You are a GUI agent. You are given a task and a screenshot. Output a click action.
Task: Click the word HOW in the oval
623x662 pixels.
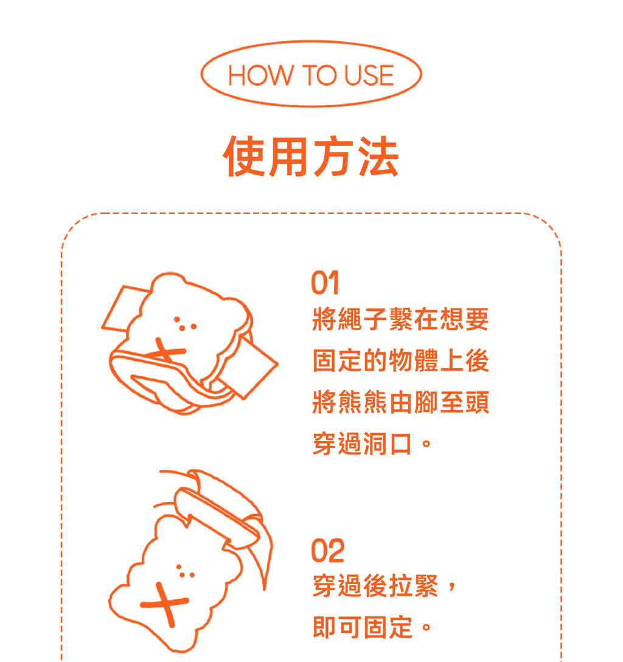coord(260,75)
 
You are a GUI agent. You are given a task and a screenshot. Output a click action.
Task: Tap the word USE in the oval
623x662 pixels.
coord(369,75)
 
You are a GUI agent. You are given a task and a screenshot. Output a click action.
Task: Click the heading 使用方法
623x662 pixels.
coord(311,156)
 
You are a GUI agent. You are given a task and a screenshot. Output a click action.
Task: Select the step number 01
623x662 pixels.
coord(325,282)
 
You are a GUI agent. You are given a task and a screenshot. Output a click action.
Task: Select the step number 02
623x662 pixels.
coord(327,551)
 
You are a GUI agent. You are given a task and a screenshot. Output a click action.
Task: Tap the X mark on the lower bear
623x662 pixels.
coord(165,604)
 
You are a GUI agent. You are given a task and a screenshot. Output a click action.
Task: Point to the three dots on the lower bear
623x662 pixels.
coord(185,571)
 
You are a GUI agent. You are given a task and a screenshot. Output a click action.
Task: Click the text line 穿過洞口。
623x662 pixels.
coord(372,444)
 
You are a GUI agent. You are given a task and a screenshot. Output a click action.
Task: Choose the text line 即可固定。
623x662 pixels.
coord(372,627)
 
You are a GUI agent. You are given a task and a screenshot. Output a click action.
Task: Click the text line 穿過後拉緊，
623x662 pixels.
coord(384,586)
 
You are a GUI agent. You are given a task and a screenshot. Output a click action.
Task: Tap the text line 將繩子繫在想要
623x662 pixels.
coord(400,319)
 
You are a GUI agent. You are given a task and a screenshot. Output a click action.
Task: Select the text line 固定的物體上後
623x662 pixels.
coord(400,361)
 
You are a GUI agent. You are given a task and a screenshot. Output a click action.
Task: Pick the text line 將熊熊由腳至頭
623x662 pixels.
coord(400,402)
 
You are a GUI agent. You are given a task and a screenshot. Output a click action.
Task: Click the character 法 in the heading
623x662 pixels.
coord(378,156)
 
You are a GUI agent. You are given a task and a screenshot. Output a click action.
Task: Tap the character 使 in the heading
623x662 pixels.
coord(244,156)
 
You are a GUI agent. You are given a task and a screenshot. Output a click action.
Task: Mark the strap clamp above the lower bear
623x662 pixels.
coord(217,518)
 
